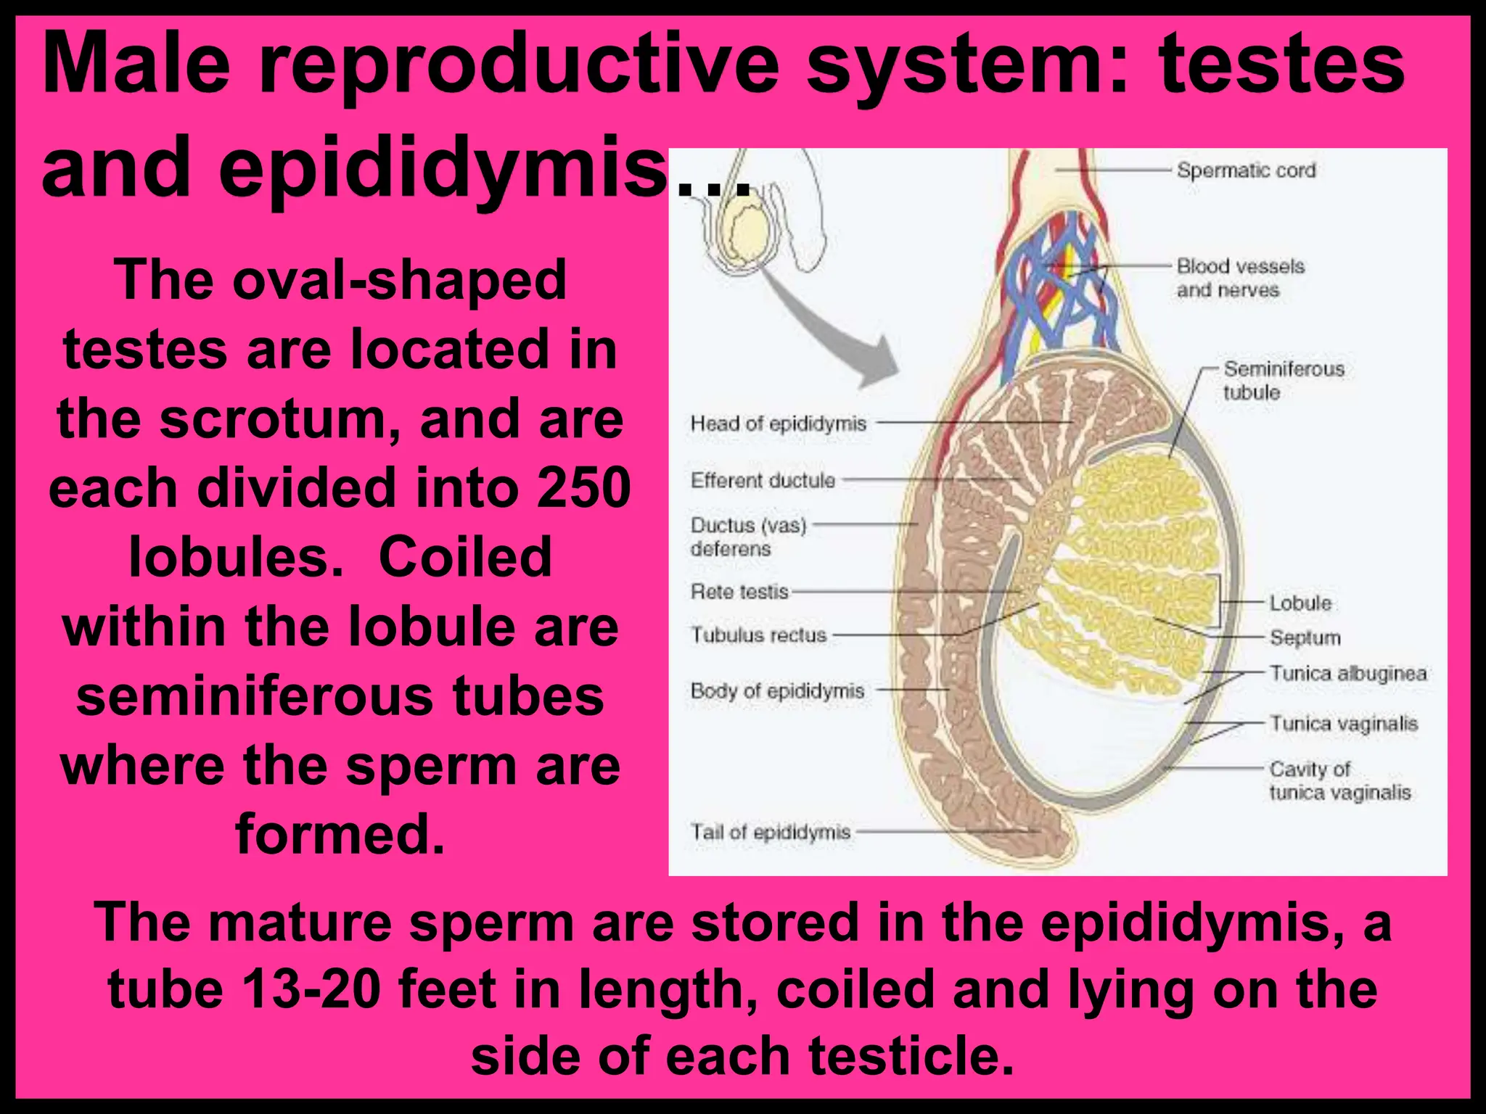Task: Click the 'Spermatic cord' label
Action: point(1245,171)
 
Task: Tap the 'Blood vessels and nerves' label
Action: point(1240,278)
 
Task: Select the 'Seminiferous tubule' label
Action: point(1283,381)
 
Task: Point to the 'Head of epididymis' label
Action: point(778,424)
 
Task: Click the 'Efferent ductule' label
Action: point(763,480)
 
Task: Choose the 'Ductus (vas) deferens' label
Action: point(747,537)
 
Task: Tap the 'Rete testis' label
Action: point(739,592)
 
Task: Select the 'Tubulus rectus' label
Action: point(758,635)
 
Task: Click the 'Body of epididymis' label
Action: point(777,691)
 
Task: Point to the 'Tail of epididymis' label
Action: point(770,832)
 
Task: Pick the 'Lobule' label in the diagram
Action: point(1300,603)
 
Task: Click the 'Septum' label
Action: point(1305,638)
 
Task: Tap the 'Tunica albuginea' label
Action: point(1347,674)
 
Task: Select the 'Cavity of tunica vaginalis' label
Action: point(1339,780)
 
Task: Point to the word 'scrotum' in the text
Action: point(280,420)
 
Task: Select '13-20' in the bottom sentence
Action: point(312,989)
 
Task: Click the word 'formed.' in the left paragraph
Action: point(340,834)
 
